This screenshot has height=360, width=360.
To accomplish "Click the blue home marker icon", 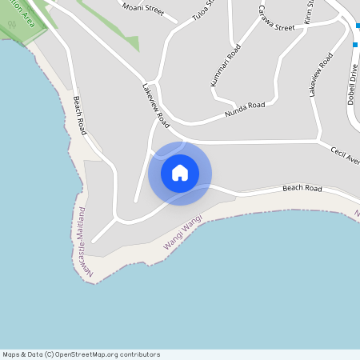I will tap(180, 173).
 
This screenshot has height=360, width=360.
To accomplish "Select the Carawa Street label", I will tap(278, 22).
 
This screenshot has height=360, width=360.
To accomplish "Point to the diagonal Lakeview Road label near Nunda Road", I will tap(157, 106).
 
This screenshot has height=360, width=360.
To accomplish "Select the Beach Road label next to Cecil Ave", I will tap(302, 189).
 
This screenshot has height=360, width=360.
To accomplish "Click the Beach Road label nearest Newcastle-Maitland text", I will tap(78, 115).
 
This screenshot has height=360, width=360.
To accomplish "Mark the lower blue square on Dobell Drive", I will tap(355, 45).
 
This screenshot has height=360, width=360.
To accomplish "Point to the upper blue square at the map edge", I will tap(358, 26).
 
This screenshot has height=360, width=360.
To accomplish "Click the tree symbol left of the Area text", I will tap(11, 24).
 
